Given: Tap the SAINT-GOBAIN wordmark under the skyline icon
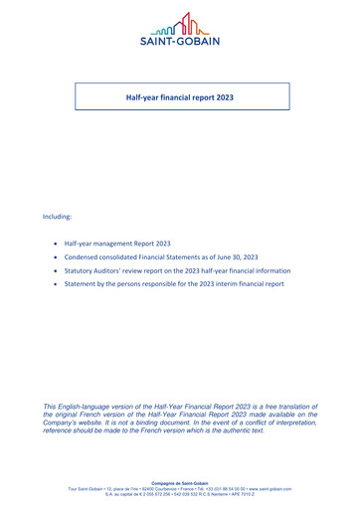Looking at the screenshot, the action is (180, 40).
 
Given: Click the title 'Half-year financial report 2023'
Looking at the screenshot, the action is (180, 99).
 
